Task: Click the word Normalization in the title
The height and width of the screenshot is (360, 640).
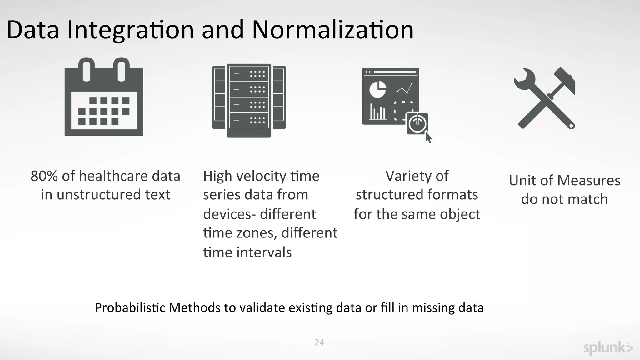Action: click(332, 30)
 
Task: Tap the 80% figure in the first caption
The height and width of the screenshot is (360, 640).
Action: click(44, 176)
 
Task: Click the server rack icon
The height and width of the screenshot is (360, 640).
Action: click(249, 101)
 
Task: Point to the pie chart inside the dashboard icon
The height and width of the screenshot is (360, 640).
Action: click(377, 89)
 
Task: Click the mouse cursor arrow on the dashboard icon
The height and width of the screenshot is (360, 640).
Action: click(428, 137)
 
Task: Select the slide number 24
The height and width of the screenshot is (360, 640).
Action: click(319, 342)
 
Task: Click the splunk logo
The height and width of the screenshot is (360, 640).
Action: click(608, 348)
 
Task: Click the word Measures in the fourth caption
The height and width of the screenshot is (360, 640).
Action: click(588, 181)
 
